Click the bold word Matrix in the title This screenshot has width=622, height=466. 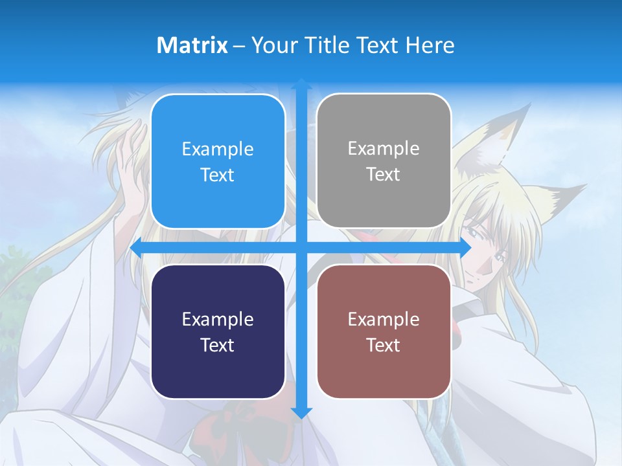192,45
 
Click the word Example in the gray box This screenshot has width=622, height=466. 384,149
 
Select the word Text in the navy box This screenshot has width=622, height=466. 218,345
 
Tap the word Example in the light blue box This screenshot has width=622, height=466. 218,150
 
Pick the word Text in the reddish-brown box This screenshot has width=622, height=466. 384,345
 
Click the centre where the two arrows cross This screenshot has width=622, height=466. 301,247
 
